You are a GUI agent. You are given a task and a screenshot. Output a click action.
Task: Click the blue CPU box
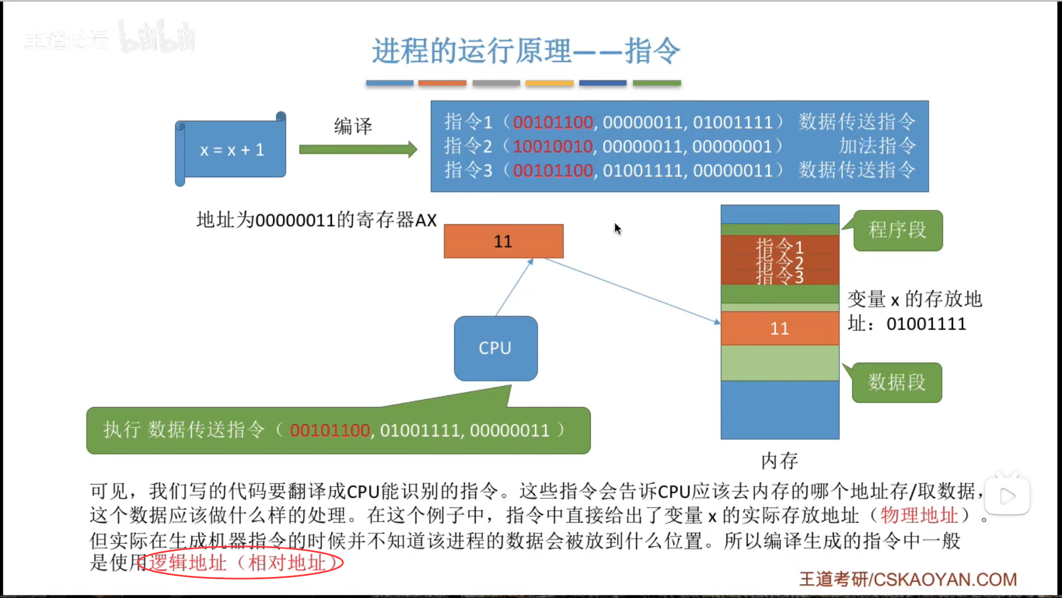click(x=496, y=348)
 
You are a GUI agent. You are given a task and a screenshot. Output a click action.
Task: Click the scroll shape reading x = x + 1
click(x=231, y=149)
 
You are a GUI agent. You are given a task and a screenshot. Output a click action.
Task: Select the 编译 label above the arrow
click(x=353, y=126)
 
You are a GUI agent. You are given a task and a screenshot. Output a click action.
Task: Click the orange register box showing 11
click(x=503, y=241)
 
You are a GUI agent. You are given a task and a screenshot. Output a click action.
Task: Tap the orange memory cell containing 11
click(x=780, y=328)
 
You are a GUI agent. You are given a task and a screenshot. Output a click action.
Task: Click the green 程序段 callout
click(x=897, y=230)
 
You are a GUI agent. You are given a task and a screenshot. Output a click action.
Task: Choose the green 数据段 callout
click(x=897, y=382)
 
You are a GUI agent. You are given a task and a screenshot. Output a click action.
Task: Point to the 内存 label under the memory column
click(x=779, y=461)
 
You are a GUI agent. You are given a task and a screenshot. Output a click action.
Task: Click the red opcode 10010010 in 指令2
click(x=553, y=146)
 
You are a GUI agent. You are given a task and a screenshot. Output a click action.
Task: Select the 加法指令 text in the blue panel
click(x=877, y=146)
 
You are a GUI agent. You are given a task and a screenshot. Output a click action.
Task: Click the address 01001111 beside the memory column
click(x=926, y=324)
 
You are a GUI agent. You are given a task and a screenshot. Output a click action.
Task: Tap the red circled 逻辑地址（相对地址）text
click(x=242, y=563)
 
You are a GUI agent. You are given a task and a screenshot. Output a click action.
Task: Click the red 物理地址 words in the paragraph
click(x=919, y=515)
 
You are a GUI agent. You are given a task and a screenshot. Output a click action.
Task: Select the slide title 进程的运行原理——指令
click(x=525, y=51)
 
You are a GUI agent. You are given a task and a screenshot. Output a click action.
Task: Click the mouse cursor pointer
click(x=617, y=228)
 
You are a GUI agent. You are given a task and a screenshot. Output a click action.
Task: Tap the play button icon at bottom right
click(x=1007, y=496)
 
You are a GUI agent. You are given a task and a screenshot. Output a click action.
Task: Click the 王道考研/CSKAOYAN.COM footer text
click(x=908, y=579)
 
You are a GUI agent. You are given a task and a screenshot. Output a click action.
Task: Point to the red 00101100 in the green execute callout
click(x=330, y=430)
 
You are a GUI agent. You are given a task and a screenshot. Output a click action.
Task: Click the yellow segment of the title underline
click(x=549, y=83)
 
